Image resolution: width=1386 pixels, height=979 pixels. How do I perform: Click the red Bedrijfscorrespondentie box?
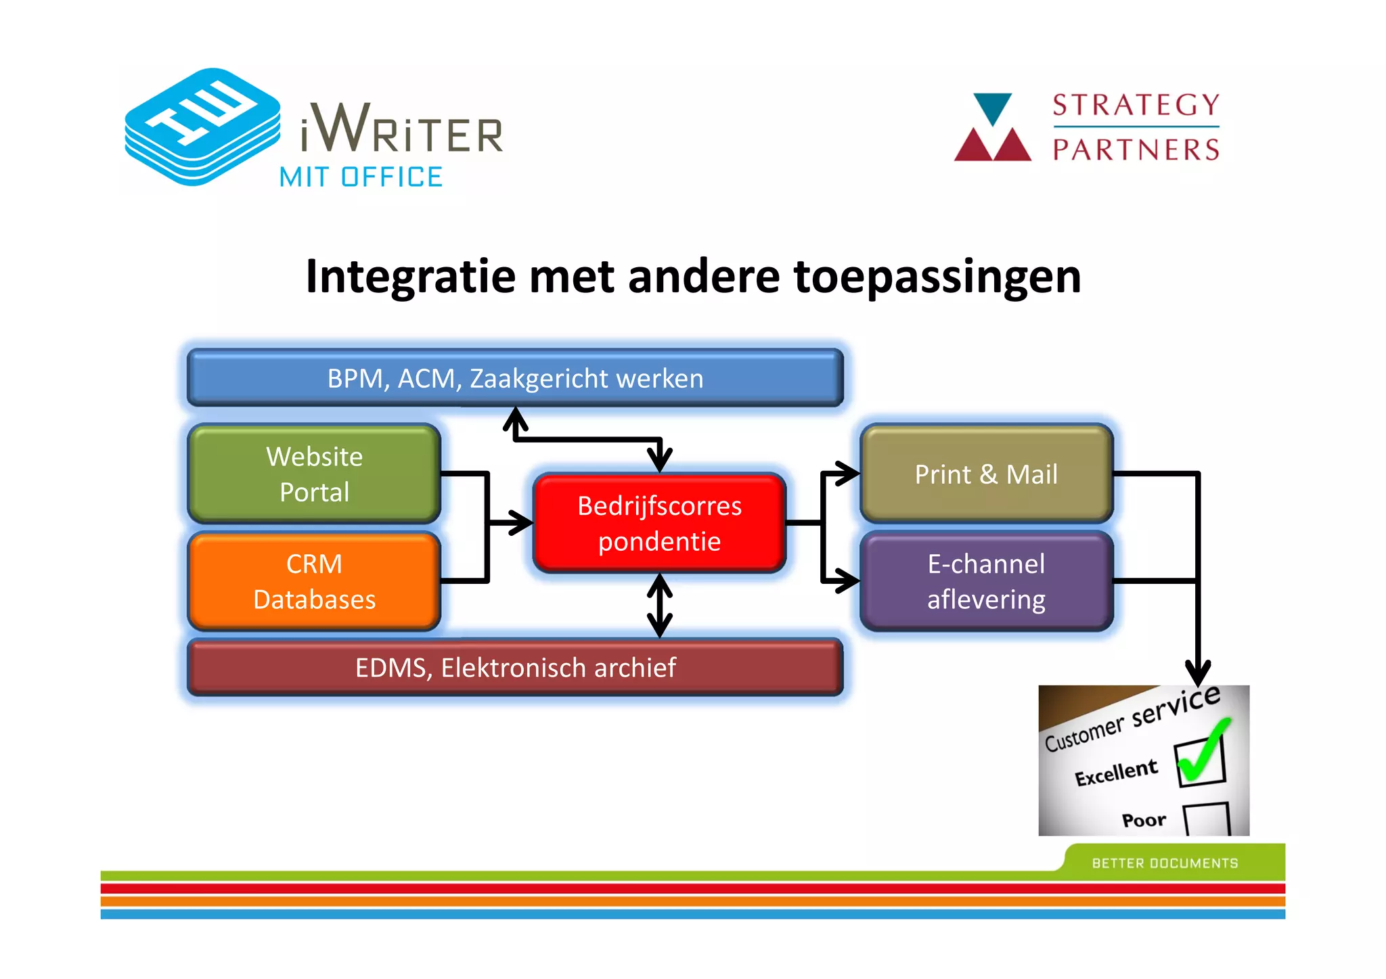659,523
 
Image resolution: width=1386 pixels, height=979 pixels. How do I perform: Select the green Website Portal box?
314,474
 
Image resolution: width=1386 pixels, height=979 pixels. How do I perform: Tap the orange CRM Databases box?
314,581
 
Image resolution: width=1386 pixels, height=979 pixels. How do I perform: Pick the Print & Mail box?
986,474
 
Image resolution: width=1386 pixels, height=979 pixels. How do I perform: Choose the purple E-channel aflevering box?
986,581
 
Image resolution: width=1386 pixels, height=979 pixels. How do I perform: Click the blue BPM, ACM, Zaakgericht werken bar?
515,378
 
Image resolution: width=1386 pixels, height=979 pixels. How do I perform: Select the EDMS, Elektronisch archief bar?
515,667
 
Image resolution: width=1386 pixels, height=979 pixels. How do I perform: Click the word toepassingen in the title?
937,277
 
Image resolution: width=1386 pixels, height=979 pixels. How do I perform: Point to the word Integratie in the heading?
411,277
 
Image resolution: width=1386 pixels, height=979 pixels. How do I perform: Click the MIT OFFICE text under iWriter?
361,177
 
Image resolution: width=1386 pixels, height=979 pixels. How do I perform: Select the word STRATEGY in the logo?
1136,106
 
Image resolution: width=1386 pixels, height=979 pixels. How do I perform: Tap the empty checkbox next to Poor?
1207,819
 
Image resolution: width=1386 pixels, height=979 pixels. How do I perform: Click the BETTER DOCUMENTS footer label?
1165,863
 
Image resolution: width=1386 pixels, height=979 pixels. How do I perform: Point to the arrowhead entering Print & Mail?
847,474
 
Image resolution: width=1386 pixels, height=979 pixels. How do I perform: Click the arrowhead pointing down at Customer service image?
1198,673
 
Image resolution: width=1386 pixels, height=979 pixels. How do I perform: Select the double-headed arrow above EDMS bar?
659,606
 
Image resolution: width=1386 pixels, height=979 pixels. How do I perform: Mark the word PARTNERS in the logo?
1136,150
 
